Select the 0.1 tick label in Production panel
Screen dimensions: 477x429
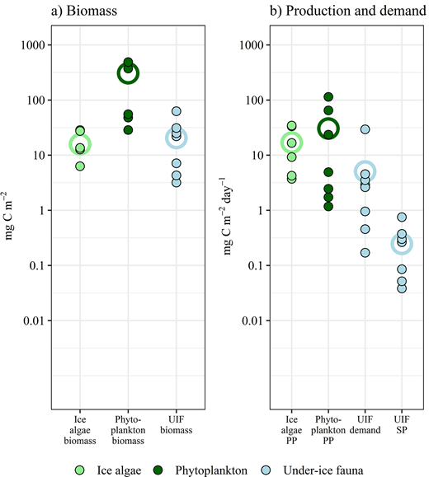tap(248, 265)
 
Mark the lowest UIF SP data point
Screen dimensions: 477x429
tap(402, 288)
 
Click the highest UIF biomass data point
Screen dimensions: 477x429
tap(176, 111)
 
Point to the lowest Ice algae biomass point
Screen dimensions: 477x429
tap(80, 166)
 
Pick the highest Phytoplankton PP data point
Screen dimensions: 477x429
tap(329, 97)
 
